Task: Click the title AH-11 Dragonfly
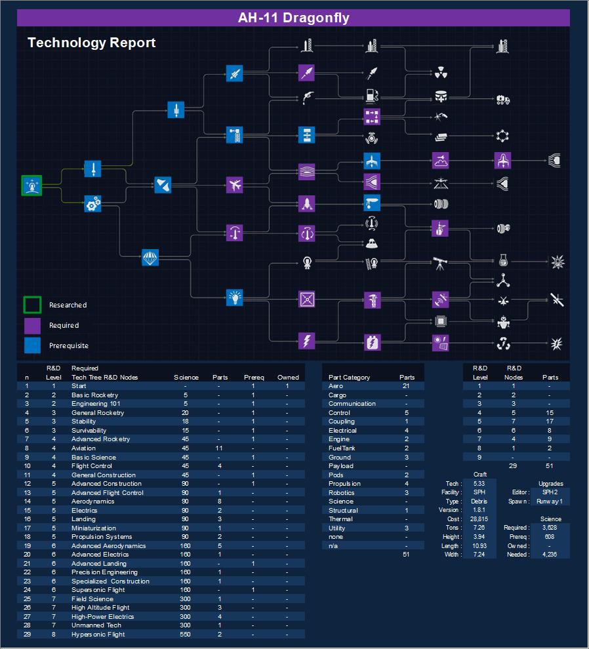[x=293, y=18]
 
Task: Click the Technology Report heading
[x=91, y=43]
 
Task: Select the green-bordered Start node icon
[x=31, y=186]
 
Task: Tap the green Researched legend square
[x=32, y=305]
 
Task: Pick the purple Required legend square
[x=32, y=325]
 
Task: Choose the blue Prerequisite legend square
[x=32, y=345]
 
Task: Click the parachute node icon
[x=150, y=258]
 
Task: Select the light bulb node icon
[x=235, y=298]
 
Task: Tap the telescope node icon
[x=440, y=263]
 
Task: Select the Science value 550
[x=186, y=635]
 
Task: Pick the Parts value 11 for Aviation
[x=220, y=448]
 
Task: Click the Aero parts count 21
[x=407, y=387]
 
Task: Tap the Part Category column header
[x=349, y=378]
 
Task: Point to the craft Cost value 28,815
[x=479, y=519]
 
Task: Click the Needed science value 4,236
[x=550, y=555]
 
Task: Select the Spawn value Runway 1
[x=550, y=501]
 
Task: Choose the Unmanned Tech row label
[x=96, y=625]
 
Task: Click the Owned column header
[x=288, y=378]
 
